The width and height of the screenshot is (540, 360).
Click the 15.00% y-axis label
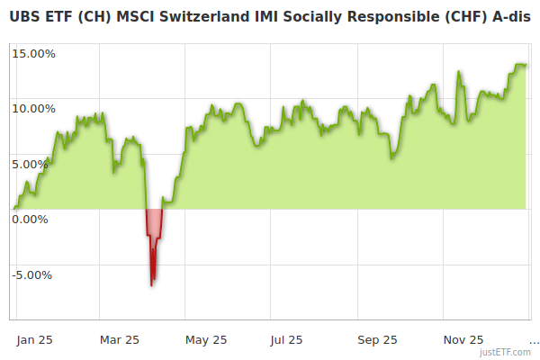[x=33, y=53]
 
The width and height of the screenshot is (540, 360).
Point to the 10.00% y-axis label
[x=33, y=108]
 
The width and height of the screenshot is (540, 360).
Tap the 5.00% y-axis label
[x=36, y=164]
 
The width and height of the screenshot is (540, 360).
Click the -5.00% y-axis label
[x=34, y=274]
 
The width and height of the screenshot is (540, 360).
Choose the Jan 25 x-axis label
[x=35, y=339]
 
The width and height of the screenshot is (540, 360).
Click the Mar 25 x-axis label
[x=120, y=339]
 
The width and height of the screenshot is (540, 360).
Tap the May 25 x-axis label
[x=206, y=339]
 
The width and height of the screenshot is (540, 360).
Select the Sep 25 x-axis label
[x=377, y=339]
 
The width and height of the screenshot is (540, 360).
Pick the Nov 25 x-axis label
[x=463, y=339]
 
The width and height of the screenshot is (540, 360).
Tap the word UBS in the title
[x=25, y=17]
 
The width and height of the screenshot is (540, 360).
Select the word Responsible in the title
[x=395, y=17]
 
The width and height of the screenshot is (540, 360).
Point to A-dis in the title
[x=509, y=17]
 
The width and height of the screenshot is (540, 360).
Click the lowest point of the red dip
[x=152, y=285]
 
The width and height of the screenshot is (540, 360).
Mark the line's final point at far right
[x=526, y=65]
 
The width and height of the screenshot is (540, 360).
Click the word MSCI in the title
[x=139, y=17]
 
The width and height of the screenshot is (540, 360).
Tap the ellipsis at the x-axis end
[x=534, y=341]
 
